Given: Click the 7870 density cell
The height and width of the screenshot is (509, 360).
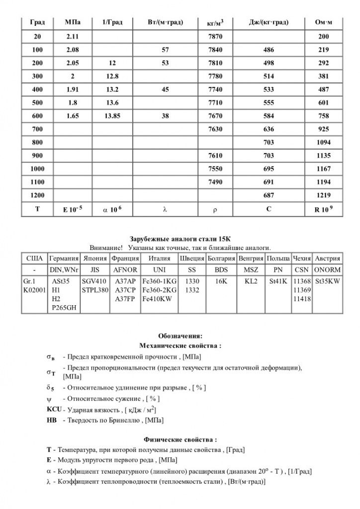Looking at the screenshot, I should pyautogui.click(x=215, y=37).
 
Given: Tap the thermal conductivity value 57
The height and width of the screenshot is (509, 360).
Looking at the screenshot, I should pyautogui.click(x=165, y=50).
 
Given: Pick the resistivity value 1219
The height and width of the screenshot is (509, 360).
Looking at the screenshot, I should pyautogui.click(x=323, y=196).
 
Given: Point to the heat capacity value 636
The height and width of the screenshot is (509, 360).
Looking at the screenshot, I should pyautogui.click(x=268, y=129).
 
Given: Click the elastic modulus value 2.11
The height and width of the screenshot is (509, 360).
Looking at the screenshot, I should pyautogui.click(x=73, y=37).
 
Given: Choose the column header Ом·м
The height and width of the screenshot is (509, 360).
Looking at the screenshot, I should pyautogui.click(x=324, y=22).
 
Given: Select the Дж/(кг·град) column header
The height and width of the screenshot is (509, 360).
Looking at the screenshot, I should pyautogui.click(x=269, y=22).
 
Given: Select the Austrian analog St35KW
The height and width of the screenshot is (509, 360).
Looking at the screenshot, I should pyautogui.click(x=327, y=281).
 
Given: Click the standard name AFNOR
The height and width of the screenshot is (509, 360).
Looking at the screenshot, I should pyautogui.click(x=125, y=269).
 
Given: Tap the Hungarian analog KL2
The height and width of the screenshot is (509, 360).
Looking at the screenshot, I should pyautogui.click(x=251, y=281).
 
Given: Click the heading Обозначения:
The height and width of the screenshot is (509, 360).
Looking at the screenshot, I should pyautogui.click(x=180, y=336).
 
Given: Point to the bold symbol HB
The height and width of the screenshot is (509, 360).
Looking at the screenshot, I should pyautogui.click(x=51, y=420).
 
